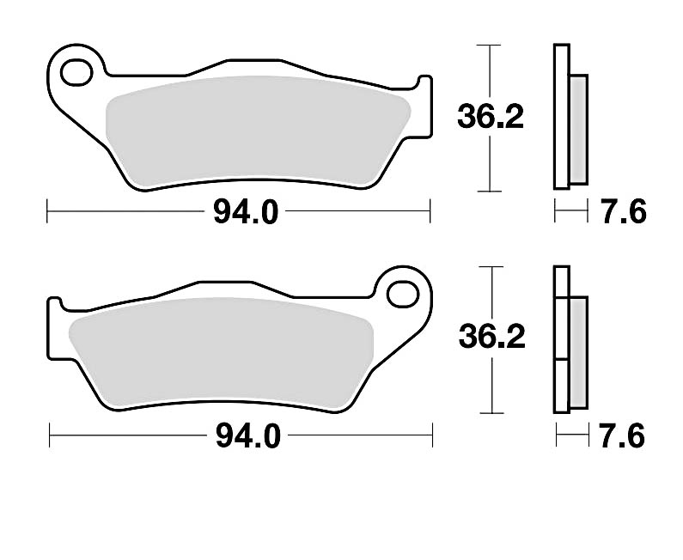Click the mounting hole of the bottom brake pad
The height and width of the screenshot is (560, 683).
tap(400, 294)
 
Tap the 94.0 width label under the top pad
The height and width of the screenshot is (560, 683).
tap(246, 211)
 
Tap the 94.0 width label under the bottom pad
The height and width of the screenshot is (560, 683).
tap(247, 437)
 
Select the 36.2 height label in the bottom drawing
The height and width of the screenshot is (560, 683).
tap(491, 338)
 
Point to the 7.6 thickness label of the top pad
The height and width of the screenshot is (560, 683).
tap(623, 211)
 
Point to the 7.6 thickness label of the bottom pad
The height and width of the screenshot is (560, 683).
tap(623, 437)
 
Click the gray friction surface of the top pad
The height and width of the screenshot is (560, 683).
tap(258, 129)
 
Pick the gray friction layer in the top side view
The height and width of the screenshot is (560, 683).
tap(578, 129)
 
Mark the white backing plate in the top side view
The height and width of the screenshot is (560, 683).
tap(560, 116)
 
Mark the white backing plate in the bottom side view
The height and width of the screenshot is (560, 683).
tap(560, 339)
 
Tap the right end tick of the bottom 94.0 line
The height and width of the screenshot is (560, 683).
tap(431, 436)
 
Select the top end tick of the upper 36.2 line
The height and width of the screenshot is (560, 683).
tap(489, 44)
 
